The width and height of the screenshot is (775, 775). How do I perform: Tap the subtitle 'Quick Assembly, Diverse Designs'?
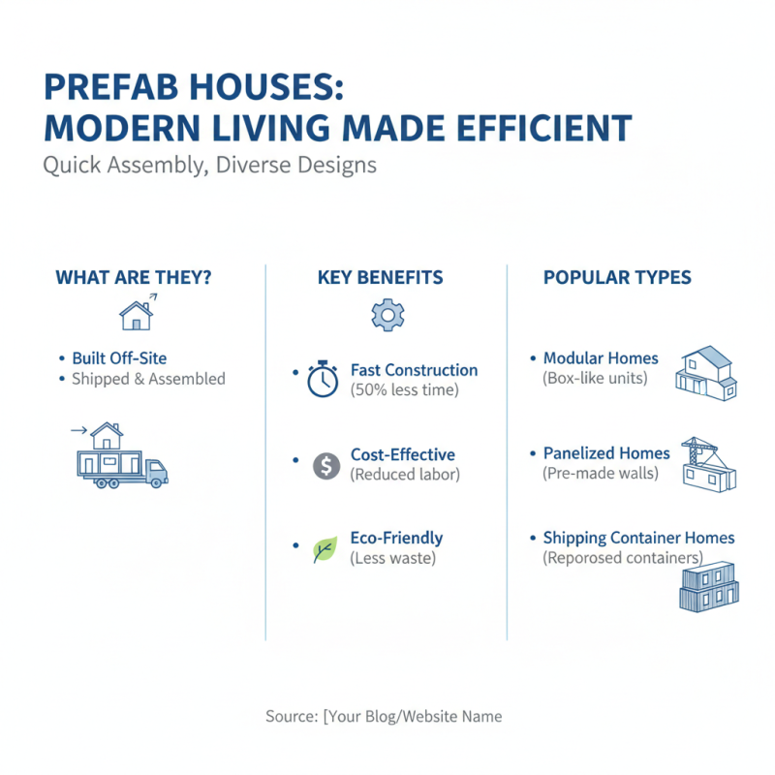(209, 165)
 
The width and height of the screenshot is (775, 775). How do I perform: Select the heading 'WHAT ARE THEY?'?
(134, 278)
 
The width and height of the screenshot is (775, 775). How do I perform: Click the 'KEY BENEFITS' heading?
(380, 278)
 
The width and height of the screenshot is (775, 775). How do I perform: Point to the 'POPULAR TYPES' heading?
(617, 278)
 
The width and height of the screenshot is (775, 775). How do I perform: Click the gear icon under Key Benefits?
(387, 315)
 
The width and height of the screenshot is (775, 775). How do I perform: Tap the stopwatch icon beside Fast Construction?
(324, 379)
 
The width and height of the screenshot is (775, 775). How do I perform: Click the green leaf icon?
(325, 549)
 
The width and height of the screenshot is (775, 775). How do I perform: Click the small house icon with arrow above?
(137, 312)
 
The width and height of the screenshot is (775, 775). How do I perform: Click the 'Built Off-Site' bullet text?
(126, 358)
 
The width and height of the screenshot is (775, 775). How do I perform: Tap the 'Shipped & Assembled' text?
(148, 379)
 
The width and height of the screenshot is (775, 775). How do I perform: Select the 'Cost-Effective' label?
(402, 454)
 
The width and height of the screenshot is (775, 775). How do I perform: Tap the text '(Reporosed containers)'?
(623, 558)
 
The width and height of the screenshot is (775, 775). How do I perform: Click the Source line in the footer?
(384, 717)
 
